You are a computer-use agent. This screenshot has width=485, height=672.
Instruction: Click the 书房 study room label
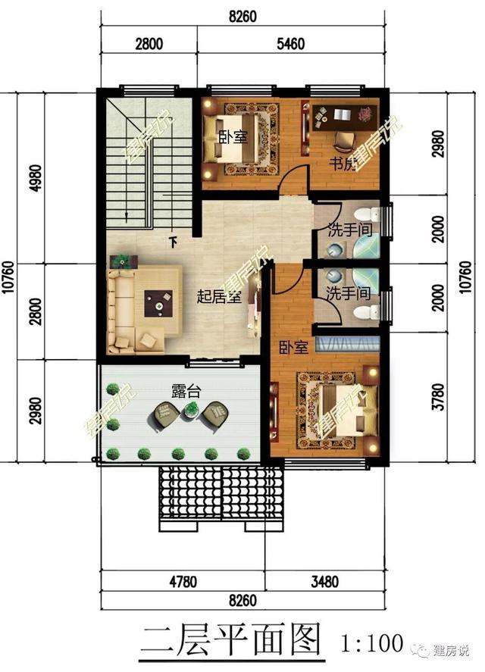click(343, 164)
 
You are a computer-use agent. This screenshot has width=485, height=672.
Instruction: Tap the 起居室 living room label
click(218, 296)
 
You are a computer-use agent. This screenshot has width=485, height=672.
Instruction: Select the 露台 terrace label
click(186, 391)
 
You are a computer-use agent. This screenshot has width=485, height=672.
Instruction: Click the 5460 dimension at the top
click(290, 44)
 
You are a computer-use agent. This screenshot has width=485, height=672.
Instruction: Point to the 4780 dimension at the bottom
click(183, 582)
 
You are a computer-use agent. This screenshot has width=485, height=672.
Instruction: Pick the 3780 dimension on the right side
click(438, 397)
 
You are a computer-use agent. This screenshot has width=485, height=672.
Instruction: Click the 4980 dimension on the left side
click(36, 178)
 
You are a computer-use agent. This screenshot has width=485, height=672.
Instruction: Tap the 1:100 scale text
click(372, 643)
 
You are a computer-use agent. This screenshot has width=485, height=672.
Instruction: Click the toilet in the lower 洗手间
click(367, 311)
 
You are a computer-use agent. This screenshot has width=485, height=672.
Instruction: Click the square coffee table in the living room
click(158, 304)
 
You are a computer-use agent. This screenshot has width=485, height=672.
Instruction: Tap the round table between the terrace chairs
click(192, 410)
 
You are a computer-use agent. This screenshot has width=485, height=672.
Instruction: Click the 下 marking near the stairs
click(173, 242)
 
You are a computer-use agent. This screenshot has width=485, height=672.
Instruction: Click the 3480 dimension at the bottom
click(324, 582)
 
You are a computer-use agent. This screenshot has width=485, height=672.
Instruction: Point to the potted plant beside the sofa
click(124, 261)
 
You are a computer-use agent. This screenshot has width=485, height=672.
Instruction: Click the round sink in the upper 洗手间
click(335, 250)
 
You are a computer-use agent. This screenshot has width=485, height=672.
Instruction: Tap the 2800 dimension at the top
click(149, 44)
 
